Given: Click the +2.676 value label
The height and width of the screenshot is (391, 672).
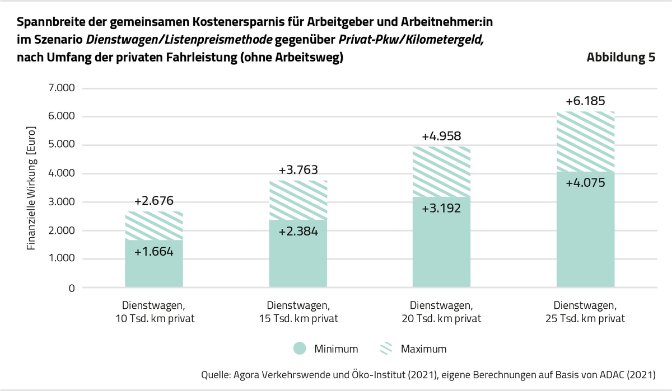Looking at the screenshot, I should coord(154,201).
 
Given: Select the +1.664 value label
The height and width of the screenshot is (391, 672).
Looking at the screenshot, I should coord(154,252).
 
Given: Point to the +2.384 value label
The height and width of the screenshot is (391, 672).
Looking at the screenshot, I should coord(297,231).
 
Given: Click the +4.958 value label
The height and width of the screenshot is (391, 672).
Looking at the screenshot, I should coord(441,136).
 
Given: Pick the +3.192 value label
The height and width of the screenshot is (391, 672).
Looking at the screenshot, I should coord(441,209).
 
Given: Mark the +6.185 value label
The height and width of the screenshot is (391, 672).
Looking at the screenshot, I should coord(585,101).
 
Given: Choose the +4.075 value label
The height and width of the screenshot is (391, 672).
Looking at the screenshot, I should coord(585,182).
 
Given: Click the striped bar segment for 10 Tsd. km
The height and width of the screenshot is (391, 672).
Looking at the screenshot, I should coord(154,225).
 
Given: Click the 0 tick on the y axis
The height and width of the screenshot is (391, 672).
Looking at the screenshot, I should coord(71,288).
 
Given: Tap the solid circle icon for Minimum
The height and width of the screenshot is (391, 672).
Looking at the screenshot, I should coord(300,348).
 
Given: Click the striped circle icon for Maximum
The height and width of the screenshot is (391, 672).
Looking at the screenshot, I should coord(387,348).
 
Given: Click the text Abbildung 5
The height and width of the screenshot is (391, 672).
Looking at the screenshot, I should coord(620,58).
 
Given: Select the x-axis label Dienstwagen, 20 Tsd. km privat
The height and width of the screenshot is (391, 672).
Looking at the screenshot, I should coord(441,313).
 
